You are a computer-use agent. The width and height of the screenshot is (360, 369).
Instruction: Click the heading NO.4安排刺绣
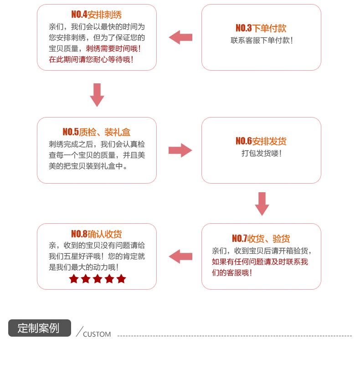point(97,15)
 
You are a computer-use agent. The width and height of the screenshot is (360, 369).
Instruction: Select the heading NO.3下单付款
point(261,28)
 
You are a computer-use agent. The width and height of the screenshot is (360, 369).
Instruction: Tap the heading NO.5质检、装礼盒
point(97,133)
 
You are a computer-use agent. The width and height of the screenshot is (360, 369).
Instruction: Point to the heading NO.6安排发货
point(261,141)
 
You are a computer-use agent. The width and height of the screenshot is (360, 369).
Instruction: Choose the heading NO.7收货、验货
point(261,239)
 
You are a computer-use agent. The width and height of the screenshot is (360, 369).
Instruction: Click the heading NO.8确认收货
point(97,235)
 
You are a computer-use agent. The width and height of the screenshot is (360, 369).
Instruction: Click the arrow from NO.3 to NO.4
point(180,37)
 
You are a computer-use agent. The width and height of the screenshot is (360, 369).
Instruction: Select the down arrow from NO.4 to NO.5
point(97,95)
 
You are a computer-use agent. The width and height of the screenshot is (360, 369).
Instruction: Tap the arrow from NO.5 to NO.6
point(180,150)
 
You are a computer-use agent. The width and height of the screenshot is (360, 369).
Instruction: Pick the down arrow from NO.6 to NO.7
point(262,204)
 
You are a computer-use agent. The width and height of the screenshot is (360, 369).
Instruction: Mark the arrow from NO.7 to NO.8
point(180,256)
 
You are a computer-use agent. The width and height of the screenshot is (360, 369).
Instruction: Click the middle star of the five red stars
point(98,279)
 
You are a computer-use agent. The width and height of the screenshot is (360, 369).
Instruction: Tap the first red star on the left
point(74,279)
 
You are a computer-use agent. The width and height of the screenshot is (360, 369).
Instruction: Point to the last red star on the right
point(121,279)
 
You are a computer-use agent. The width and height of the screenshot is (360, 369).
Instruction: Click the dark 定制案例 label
point(40,328)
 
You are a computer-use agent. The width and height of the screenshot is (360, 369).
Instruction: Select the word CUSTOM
point(97,334)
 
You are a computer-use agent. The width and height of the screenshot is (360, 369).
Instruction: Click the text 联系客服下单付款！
point(261,41)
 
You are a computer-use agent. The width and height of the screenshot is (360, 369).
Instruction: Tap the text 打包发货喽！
point(261,154)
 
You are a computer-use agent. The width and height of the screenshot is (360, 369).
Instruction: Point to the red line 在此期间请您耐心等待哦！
point(91,60)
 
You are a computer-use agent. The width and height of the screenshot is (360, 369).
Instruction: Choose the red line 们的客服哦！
point(232,273)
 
